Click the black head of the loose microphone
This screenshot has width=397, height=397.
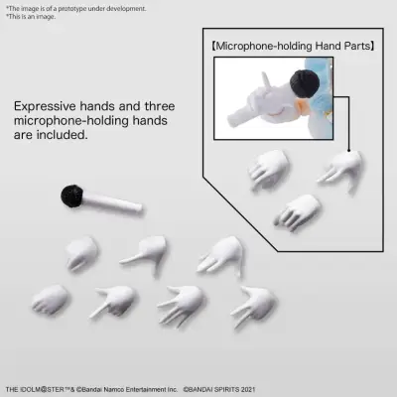(71, 197)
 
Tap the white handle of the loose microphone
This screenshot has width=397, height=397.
(112, 202)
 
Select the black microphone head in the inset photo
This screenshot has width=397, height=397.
(305, 84)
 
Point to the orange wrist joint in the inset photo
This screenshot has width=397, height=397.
(303, 107)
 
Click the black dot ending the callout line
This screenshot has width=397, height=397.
(348, 151)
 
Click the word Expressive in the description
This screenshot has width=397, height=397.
(45, 106)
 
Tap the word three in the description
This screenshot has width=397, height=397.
(160, 106)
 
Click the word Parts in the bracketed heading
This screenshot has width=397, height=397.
(356, 46)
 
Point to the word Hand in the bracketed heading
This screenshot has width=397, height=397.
(328, 46)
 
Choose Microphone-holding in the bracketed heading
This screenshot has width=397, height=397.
(264, 46)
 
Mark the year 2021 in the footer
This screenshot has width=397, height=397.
(248, 389)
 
